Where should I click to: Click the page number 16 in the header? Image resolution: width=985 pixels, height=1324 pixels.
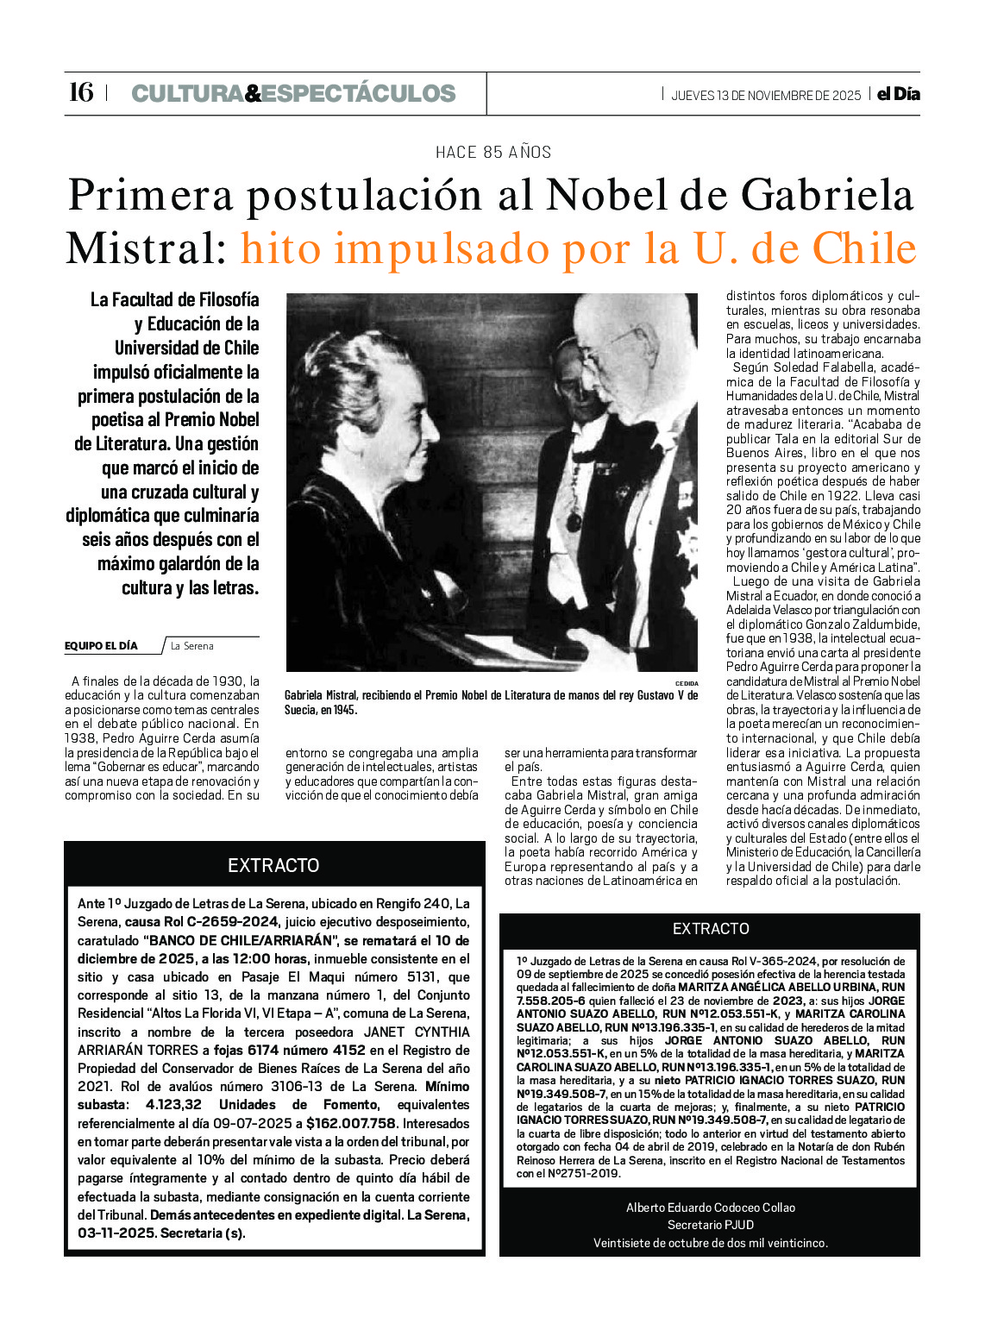point(80,92)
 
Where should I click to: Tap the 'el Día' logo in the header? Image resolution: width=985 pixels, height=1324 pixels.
point(898,94)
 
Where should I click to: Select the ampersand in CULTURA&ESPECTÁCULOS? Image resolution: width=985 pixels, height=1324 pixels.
point(253,93)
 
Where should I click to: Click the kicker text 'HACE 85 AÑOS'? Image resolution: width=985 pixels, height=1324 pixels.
point(493,153)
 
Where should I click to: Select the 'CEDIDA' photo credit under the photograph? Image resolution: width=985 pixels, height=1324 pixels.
point(687,683)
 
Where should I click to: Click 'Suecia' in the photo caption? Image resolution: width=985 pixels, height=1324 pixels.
point(300,710)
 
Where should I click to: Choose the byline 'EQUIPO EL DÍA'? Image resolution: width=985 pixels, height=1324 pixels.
point(101,646)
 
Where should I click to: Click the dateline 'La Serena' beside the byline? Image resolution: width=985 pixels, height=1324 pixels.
point(191,646)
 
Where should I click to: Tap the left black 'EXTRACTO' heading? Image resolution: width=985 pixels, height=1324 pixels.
point(273,865)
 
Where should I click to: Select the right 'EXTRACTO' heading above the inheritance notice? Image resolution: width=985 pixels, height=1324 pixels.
point(711,928)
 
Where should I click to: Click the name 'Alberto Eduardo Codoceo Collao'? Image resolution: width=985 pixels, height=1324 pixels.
point(711,1208)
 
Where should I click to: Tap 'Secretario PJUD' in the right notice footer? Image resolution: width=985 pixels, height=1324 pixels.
point(711,1225)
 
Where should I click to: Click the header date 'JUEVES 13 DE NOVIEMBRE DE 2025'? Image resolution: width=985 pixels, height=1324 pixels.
point(766,95)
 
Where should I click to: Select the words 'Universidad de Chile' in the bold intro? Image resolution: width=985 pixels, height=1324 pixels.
point(186,348)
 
